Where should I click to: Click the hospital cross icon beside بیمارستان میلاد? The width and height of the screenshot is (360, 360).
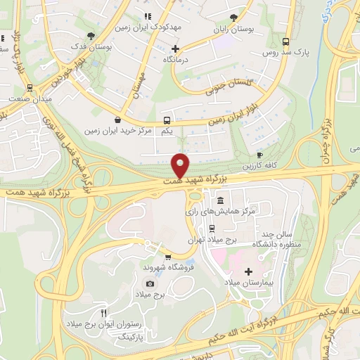click(247, 271)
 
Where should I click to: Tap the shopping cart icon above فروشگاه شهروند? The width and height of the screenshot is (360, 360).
click(167, 257)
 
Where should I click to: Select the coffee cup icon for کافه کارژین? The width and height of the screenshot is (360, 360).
click(259, 155)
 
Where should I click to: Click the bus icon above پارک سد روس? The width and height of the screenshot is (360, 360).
click(285, 41)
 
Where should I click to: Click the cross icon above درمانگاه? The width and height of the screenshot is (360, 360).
click(175, 49)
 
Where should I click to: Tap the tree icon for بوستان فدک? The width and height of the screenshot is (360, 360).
click(90, 35)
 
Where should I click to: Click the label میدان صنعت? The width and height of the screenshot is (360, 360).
click(29, 101)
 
